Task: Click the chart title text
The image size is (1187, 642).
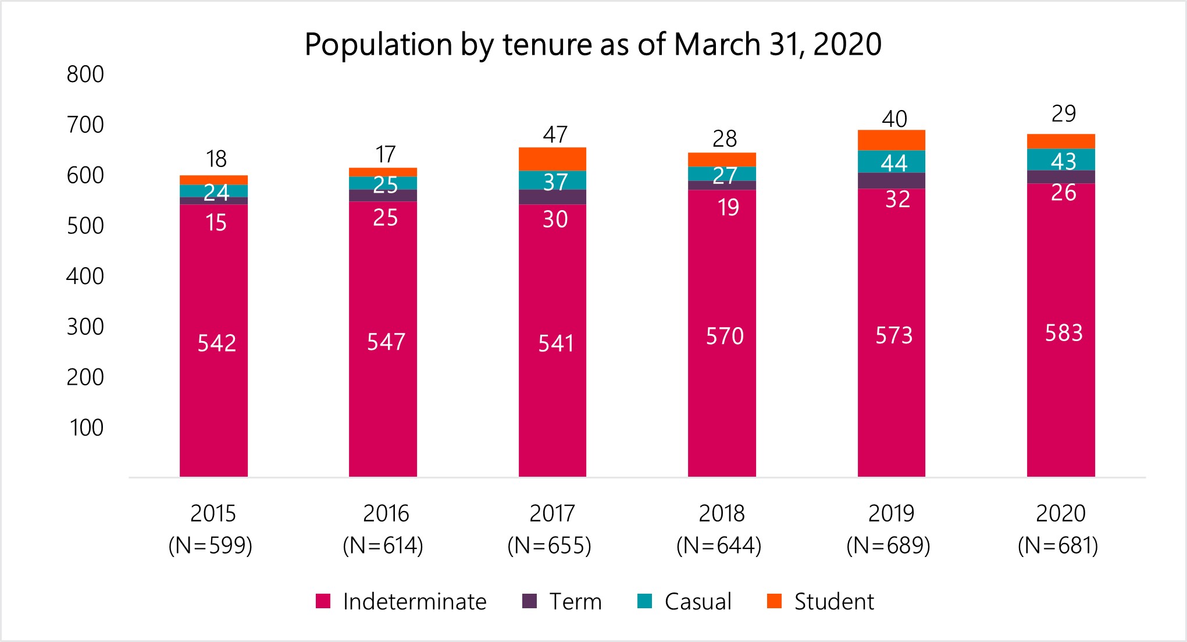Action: [593, 44]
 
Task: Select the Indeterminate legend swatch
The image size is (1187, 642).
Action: [323, 601]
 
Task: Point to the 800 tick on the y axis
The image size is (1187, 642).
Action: [85, 75]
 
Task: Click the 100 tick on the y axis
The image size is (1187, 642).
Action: [87, 428]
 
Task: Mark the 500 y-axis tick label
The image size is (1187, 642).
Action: [85, 226]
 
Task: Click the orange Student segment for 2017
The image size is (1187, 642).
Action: [552, 159]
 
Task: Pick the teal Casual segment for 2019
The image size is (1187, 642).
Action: [891, 162]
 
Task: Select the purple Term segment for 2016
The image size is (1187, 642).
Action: [383, 196]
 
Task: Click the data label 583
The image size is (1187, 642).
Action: [1063, 333]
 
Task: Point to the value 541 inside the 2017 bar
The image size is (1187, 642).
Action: [555, 343]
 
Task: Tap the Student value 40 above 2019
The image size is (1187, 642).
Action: [894, 119]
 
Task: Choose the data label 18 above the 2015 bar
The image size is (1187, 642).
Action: [216, 159]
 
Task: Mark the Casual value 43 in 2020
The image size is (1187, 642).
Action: [1063, 161]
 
